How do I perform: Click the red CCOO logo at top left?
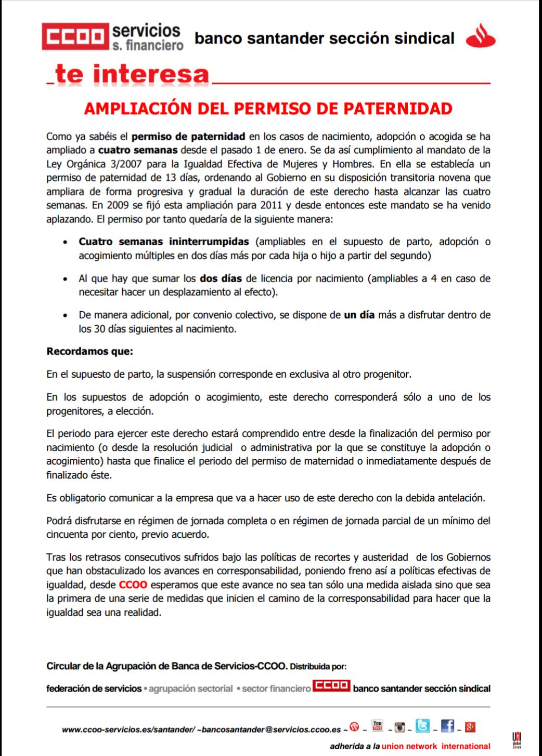75,36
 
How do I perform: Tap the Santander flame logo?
480,36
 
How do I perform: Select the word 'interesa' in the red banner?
151,74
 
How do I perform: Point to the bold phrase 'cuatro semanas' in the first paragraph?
138,150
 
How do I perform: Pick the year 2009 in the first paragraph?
118,205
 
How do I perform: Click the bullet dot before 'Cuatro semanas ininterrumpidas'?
65,242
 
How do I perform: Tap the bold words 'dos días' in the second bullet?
221,278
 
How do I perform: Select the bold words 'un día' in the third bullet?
359,315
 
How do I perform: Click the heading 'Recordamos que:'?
89,351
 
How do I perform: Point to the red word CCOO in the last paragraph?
133,585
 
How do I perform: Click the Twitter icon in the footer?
423,726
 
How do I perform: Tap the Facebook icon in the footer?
447,726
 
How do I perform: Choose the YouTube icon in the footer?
378,725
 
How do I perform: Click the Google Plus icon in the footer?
470,727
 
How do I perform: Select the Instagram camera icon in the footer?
399,727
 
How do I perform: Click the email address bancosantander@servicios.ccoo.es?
271,730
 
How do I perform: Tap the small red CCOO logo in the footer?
331,686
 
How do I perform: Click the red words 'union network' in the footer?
409,747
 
